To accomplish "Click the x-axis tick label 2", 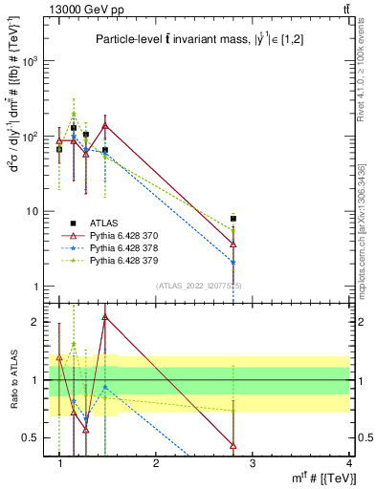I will click(156, 463).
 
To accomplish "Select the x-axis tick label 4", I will click(348, 463).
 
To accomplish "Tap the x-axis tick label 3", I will click(253, 463).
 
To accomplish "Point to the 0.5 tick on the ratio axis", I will click(33, 437).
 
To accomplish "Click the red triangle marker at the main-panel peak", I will click(105, 125).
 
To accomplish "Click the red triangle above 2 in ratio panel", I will click(105, 317).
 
